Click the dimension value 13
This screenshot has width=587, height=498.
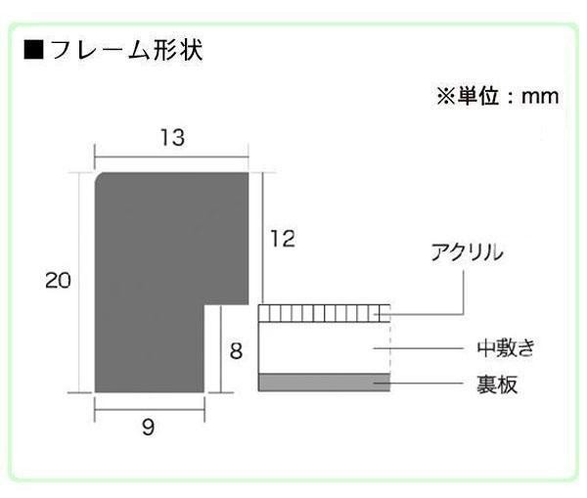172,138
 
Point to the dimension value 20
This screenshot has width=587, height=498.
58,281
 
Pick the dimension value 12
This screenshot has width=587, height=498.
282,238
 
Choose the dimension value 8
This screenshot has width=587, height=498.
236,349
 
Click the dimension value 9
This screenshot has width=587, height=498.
148,428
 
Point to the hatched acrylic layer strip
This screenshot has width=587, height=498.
324,313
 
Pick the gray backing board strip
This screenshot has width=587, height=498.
324,382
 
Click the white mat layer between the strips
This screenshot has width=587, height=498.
324,346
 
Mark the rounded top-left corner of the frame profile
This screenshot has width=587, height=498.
99,177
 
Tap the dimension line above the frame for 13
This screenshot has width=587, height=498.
171,157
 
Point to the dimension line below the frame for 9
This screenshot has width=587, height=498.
149,410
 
